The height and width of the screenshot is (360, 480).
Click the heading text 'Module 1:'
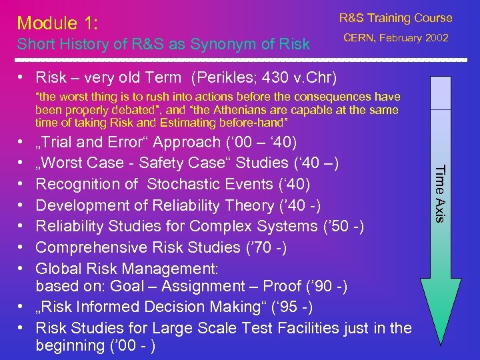(58, 23)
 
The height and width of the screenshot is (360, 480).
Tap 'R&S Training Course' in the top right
(395, 18)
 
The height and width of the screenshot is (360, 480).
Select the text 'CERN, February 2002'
(395, 38)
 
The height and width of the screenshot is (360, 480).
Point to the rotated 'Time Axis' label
(439, 193)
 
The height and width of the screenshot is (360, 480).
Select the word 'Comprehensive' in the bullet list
(87, 247)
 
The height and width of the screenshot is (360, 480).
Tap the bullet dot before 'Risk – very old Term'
(22, 78)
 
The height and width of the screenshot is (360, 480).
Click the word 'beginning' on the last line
(69, 346)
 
